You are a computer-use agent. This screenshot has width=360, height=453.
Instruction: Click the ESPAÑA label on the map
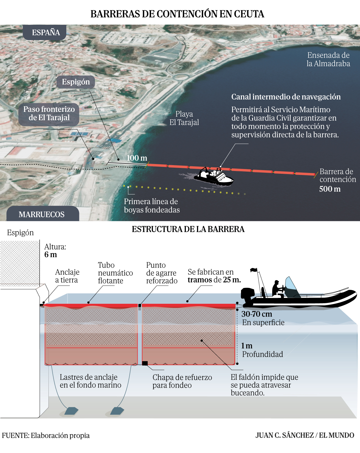[x=46, y=32]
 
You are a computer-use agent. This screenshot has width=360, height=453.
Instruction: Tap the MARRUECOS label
[x=42, y=214]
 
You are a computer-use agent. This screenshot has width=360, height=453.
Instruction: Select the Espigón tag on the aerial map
[x=76, y=82]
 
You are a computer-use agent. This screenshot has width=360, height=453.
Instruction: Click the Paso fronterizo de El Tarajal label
[x=49, y=114]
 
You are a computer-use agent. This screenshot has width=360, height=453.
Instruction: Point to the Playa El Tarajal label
[x=184, y=118]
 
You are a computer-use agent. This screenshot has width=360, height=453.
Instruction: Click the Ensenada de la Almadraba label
[x=328, y=59]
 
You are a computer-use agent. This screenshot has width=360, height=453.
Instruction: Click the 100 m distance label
[x=137, y=158]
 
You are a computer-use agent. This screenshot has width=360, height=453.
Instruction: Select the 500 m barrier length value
[x=330, y=189]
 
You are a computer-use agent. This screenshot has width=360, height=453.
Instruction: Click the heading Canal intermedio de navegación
[x=286, y=97]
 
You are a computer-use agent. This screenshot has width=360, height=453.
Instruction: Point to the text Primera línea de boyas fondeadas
[x=152, y=206]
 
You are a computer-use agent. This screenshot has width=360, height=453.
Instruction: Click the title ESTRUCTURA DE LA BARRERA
[x=188, y=229]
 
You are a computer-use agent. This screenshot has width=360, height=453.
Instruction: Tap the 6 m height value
[x=51, y=255]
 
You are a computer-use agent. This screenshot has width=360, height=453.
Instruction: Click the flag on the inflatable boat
[x=254, y=270]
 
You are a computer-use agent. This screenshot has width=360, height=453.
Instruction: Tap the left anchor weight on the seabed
[x=71, y=411]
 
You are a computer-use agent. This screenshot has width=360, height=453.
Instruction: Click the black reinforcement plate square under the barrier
[x=145, y=363]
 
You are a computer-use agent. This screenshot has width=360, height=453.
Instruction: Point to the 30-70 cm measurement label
[x=257, y=314]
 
